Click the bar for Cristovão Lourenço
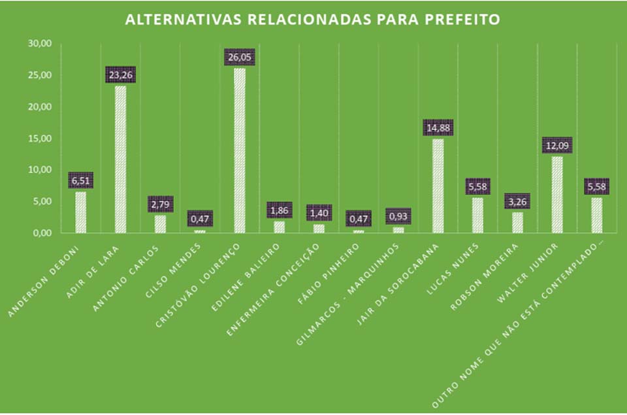(240, 150)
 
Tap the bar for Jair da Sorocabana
(438, 186)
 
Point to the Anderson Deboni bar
(80, 212)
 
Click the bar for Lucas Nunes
(477, 215)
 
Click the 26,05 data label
(240, 58)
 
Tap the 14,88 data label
(438, 127)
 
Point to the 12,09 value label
(557, 145)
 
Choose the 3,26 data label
(517, 201)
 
